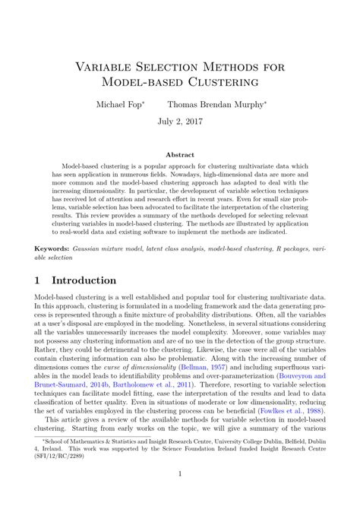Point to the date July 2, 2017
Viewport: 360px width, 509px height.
click(x=179, y=121)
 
